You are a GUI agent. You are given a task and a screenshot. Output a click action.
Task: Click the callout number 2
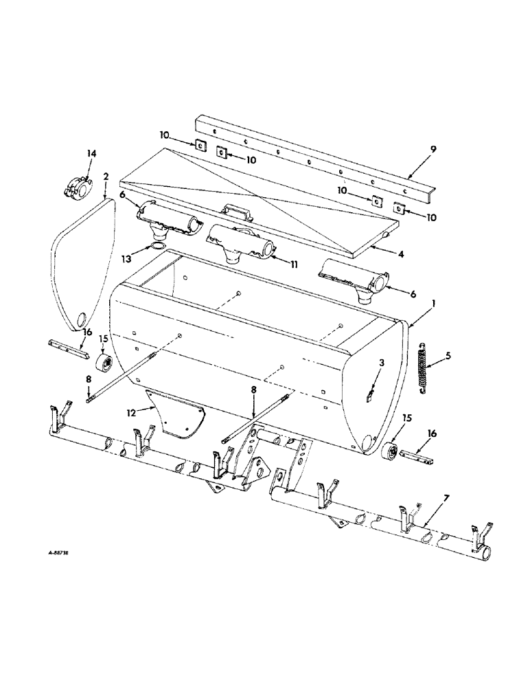pyautogui.click(x=106, y=177)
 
